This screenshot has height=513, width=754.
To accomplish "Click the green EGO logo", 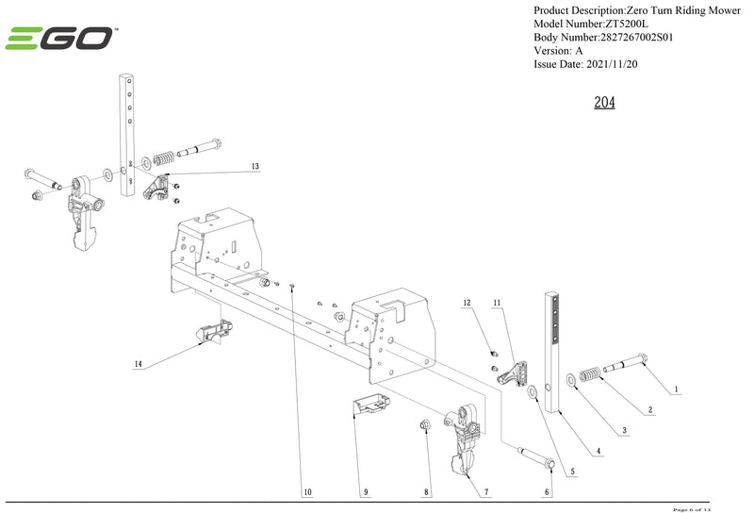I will click(58, 39).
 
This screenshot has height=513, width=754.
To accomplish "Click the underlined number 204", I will click(604, 102).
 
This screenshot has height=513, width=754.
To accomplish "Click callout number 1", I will click(675, 389).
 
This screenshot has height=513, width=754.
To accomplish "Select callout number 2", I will click(649, 410).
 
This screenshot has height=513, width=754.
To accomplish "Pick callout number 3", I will click(623, 431).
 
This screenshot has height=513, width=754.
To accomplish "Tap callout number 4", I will click(597, 452).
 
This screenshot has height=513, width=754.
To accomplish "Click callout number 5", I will click(572, 472).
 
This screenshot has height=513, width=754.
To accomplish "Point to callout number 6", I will click(547, 492).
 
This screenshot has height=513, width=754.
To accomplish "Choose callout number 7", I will click(486, 492).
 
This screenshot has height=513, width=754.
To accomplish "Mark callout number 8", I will click(427, 492).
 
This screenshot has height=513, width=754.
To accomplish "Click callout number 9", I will click(366, 492).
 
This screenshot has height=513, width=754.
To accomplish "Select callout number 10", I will click(306, 492).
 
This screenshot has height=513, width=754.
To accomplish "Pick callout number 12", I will click(466, 303).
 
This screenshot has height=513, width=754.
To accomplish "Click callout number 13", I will click(254, 166).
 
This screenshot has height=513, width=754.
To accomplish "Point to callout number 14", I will click(138, 363).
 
